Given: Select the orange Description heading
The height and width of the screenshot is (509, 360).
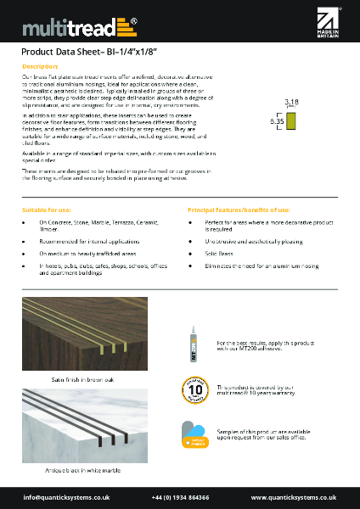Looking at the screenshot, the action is [x=39, y=65].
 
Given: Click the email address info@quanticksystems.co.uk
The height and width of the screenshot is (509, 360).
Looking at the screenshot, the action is [x=67, y=496].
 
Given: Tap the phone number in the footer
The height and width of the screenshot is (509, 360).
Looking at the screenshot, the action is [x=180, y=496].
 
